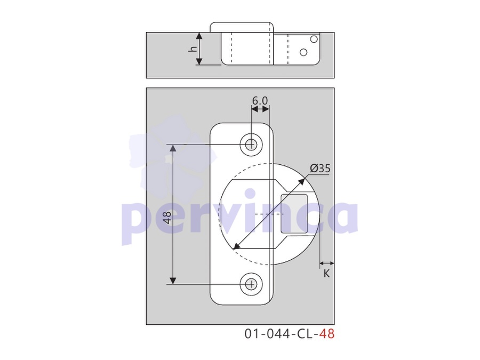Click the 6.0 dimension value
coord(260,100)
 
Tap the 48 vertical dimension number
coord(167,217)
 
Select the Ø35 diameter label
coord(320,169)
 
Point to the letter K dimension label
coord(326,274)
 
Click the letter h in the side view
coord(193,49)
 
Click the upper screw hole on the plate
coord(251,145)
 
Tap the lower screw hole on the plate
coord(251,284)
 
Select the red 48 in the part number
coord(327,334)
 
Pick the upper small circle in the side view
coord(314,39)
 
